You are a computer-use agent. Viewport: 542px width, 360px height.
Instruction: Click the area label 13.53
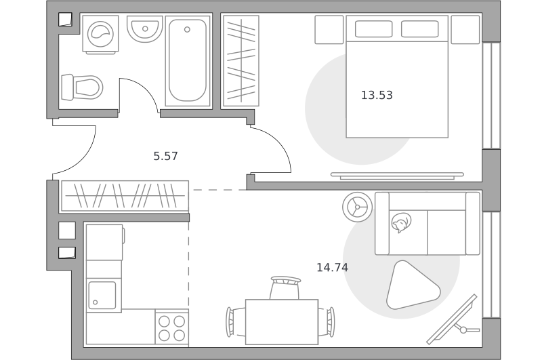tap(377, 95)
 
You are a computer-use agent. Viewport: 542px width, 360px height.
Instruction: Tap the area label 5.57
tap(165, 157)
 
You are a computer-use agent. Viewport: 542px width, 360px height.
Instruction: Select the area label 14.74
tap(332, 267)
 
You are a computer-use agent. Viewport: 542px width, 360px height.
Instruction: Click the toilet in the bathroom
tap(82, 87)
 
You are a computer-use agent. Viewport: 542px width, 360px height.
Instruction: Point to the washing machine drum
tap(100, 34)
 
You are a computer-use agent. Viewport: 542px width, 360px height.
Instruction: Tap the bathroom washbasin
tap(145, 28)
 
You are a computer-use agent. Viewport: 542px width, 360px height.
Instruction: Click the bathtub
tap(188, 61)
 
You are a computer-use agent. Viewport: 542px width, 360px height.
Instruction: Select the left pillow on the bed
tap(374, 28)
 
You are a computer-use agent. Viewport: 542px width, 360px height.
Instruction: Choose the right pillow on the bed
tap(419, 28)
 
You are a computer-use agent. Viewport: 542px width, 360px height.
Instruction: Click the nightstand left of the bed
tap(329, 30)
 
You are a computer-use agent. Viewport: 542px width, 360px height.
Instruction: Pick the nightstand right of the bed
tap(465, 30)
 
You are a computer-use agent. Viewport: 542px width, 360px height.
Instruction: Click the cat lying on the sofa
tap(401, 222)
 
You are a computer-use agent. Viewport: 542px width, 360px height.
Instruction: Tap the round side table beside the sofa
tap(358, 207)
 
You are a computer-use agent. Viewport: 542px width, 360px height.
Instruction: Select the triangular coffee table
tap(412, 285)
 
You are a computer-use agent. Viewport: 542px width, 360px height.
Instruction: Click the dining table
tap(282, 322)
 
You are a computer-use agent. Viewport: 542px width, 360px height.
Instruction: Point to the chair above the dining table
tap(285, 287)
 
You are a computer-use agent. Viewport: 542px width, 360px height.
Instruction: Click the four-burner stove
tap(172, 328)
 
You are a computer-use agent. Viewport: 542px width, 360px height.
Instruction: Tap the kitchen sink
tap(102, 295)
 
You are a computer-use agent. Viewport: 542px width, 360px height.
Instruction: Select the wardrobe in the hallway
tap(125, 196)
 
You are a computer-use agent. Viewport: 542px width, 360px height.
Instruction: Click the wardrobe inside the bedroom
tap(241, 61)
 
